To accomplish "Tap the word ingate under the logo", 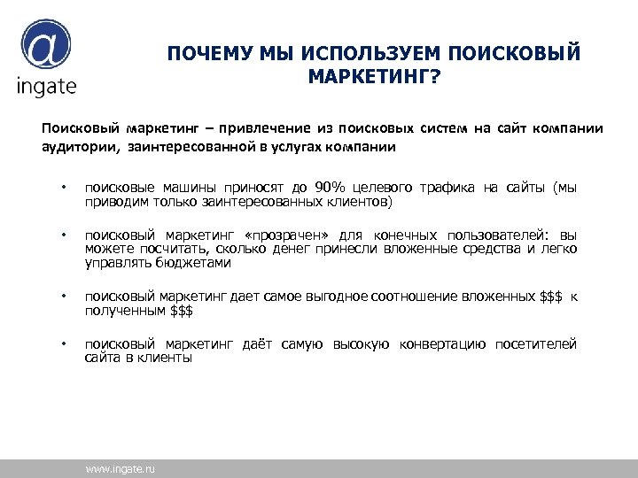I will coord(46,86).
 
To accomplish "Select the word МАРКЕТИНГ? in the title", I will coord(373,77).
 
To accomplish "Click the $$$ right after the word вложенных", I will coord(551,297).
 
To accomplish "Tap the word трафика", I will coord(443,187).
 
